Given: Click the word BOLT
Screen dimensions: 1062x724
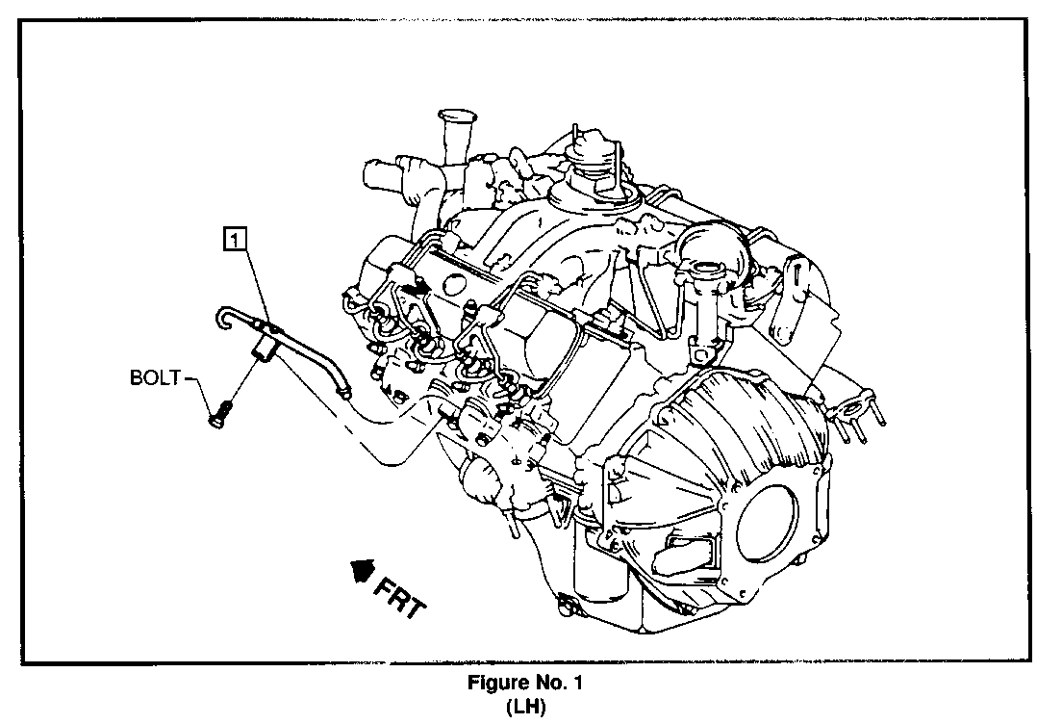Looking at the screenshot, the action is click(x=155, y=377).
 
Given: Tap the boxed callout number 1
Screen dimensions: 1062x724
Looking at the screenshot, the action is click(x=235, y=240).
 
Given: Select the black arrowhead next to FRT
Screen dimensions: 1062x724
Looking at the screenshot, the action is click(x=363, y=570).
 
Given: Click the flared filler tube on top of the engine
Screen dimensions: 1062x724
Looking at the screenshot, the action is click(x=452, y=135).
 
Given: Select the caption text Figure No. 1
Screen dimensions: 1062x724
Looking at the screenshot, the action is click(x=525, y=682).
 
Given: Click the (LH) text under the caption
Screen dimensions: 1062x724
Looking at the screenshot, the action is click(x=525, y=707).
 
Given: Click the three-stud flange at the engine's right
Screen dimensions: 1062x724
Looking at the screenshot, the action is click(x=857, y=414).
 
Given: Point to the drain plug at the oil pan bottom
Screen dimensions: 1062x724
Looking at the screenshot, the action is click(x=564, y=603).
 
